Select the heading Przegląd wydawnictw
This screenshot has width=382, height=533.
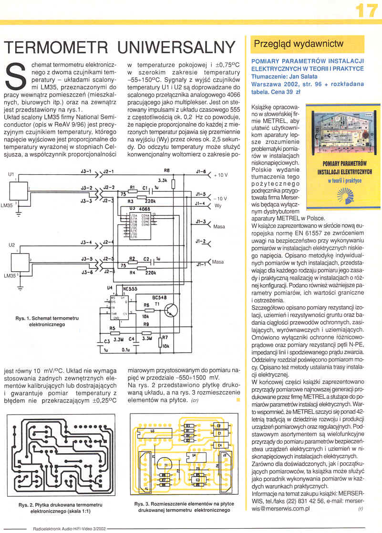click(299, 44)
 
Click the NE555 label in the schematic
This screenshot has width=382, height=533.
click(129, 289)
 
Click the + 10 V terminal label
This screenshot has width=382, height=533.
click(220, 175)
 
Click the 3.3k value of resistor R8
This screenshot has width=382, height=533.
click(162, 181)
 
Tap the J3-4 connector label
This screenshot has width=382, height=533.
click(86, 243)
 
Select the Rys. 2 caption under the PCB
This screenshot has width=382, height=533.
click(61, 507)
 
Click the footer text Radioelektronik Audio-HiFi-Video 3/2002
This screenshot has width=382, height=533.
click(70, 529)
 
